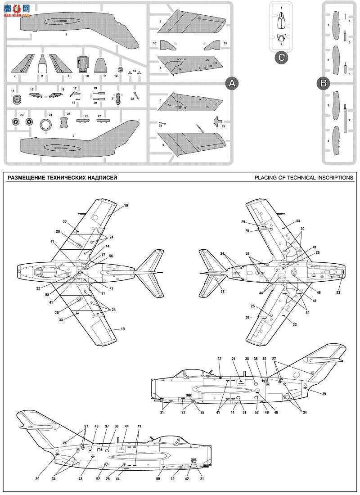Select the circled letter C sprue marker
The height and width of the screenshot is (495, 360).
click(281, 57)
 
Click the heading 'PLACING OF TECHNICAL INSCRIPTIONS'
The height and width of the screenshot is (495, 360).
click(304, 177)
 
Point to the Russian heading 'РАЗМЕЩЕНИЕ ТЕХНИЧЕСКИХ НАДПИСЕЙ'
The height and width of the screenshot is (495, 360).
click(62, 177)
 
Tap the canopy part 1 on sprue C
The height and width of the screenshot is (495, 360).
click(281, 19)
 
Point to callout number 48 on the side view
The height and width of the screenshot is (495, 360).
click(96, 426)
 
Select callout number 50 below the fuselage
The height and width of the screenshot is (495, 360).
click(158, 479)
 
